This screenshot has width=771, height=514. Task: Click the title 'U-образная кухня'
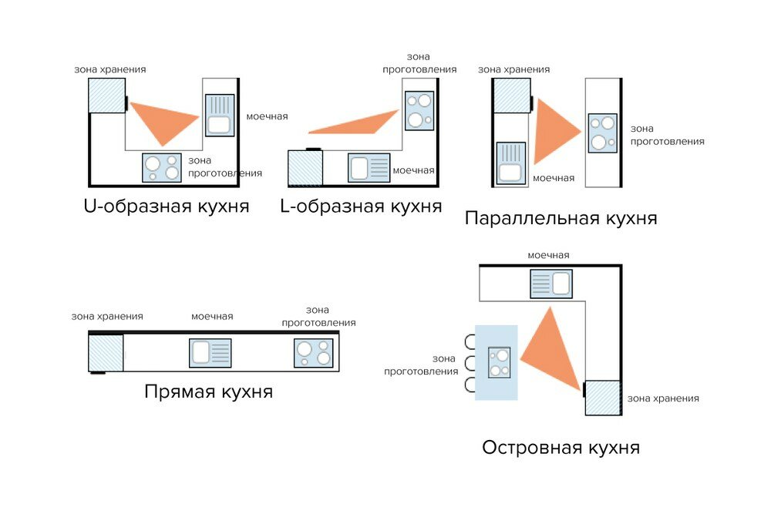[x=166, y=207]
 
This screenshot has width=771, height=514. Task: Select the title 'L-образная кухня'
[x=361, y=206]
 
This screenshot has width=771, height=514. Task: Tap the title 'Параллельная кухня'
[x=561, y=218]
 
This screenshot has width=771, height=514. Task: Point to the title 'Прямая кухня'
[x=208, y=391]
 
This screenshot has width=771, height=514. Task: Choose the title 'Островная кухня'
[x=561, y=447]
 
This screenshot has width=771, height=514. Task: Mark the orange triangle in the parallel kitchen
[x=554, y=129]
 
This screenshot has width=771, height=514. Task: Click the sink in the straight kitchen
[x=210, y=353]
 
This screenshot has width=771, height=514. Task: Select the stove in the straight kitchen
[x=314, y=352]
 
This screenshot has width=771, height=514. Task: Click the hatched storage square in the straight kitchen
[x=106, y=353]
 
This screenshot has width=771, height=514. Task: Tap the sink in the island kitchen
[x=550, y=284]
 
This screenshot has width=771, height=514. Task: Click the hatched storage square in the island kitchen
[x=603, y=398]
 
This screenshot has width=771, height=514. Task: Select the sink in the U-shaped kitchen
[x=220, y=116]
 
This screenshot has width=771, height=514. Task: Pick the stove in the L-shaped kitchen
[x=419, y=110]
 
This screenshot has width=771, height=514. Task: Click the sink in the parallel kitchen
[x=510, y=163]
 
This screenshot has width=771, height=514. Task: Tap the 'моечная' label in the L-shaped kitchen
[x=413, y=170]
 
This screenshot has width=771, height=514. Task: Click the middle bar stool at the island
[x=469, y=363]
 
